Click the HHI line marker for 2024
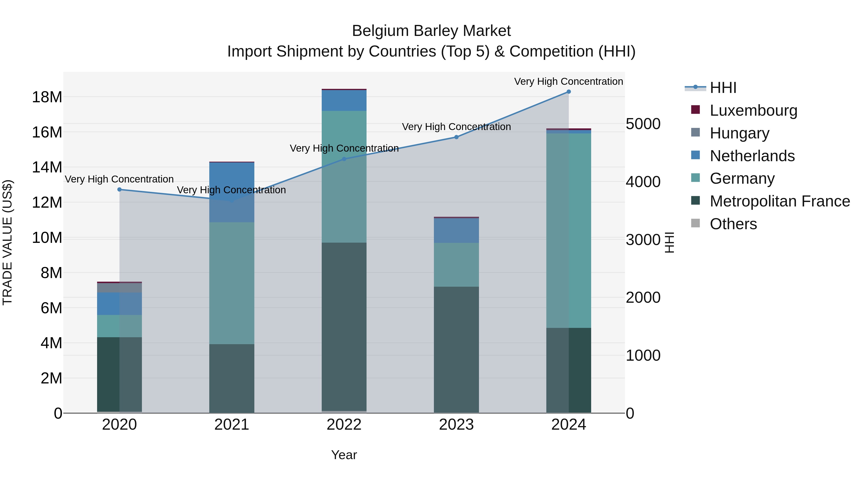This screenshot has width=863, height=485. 569,92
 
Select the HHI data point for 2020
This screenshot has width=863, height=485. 120,189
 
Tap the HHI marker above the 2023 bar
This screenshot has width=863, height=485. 456,137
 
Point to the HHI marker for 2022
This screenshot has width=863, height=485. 344,159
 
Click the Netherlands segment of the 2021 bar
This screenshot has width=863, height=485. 232,192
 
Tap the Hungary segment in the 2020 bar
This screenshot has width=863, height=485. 120,287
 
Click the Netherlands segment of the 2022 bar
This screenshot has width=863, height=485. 344,100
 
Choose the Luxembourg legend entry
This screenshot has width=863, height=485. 753,110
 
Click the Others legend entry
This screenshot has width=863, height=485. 733,224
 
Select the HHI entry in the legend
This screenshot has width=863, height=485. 723,88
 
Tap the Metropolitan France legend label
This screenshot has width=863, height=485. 780,201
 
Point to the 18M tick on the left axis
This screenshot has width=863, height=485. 47,97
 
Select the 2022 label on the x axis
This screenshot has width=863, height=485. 344,425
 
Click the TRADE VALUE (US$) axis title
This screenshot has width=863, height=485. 8,242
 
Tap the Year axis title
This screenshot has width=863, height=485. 344,455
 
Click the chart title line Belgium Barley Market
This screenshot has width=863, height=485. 431,31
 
